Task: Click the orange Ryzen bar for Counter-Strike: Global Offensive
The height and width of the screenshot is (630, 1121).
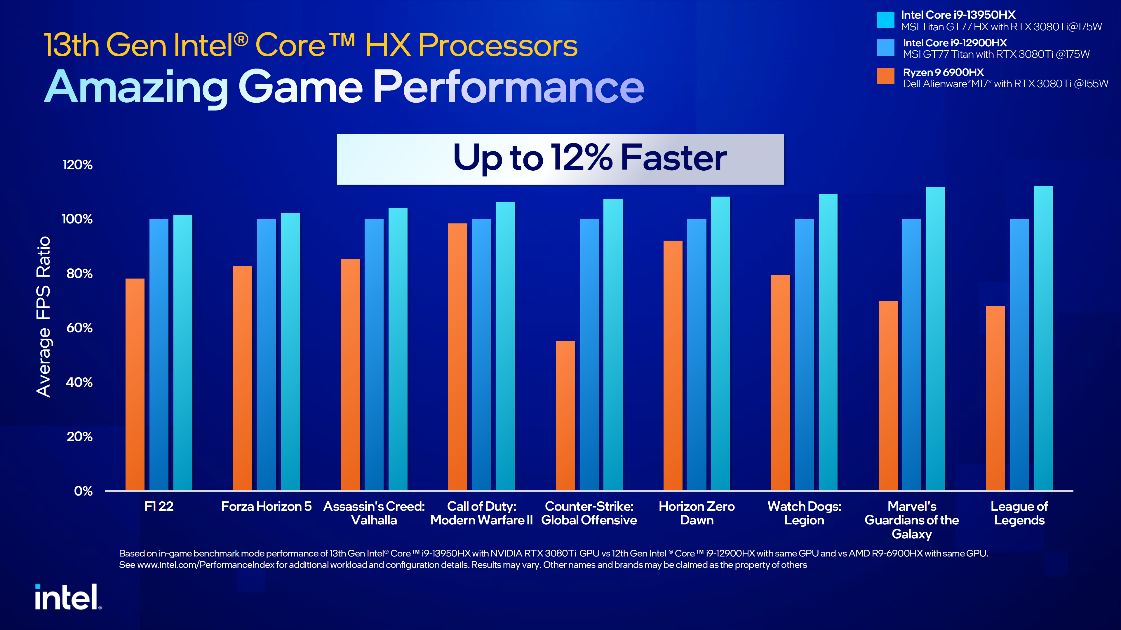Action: (565, 415)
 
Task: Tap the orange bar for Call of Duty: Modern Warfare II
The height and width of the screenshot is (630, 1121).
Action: (457, 356)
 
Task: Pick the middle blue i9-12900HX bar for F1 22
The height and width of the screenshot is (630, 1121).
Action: (159, 354)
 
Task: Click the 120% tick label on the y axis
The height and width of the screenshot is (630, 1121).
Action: (77, 165)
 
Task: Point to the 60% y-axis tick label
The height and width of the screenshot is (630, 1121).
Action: (79, 328)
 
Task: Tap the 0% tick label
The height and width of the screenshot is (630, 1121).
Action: (83, 491)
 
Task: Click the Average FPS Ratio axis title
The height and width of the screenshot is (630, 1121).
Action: (43, 316)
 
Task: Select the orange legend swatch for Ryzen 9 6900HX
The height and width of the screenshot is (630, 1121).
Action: (885, 76)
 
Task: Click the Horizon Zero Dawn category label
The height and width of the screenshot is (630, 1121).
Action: (696, 513)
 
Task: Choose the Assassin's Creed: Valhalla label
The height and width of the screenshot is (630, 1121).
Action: (374, 513)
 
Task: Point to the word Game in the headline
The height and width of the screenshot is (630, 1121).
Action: (300, 87)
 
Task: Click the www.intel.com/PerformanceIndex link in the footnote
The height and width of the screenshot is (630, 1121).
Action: (206, 565)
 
